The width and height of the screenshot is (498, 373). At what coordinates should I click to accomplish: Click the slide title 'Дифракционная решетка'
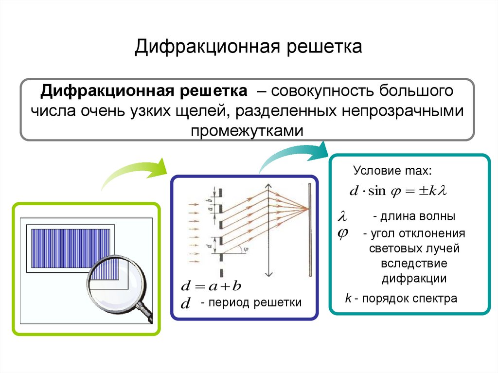pyautogui.click(x=249, y=47)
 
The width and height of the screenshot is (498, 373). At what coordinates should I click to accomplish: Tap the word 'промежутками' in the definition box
pyautogui.click(x=247, y=130)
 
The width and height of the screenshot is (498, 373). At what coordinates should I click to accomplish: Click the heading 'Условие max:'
pyautogui.click(x=392, y=171)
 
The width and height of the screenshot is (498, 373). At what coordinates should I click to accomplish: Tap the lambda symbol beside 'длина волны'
pyautogui.click(x=344, y=216)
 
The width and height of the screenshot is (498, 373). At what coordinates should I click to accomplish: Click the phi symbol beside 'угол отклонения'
pyautogui.click(x=343, y=233)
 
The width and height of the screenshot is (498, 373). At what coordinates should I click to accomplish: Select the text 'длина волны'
pyautogui.click(x=414, y=216)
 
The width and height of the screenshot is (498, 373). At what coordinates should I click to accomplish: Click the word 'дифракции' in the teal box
pyautogui.click(x=414, y=279)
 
